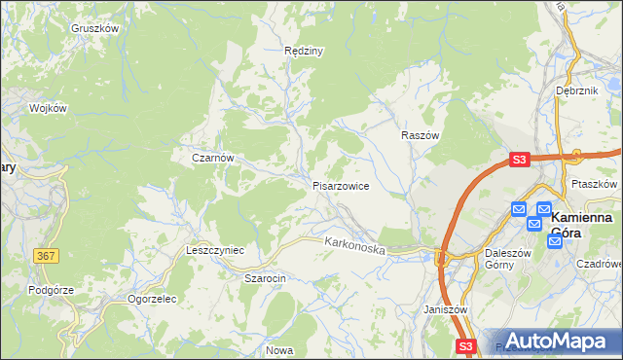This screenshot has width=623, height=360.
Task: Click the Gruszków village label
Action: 94,29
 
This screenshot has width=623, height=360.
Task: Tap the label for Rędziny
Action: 303,51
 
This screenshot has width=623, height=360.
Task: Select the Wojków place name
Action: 48,108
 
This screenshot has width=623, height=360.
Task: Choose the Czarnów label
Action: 213,157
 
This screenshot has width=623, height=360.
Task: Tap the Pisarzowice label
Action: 340,185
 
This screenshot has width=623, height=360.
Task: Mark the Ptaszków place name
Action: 596,184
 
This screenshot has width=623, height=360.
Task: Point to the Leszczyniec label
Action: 215,250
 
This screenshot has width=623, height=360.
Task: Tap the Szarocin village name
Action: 264,278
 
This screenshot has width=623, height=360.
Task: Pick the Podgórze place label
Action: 52,290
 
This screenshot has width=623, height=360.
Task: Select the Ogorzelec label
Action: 150,299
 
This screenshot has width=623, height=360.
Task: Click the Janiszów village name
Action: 447,309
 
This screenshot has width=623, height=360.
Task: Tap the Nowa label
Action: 279,349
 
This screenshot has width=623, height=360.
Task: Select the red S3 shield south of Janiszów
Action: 466,346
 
